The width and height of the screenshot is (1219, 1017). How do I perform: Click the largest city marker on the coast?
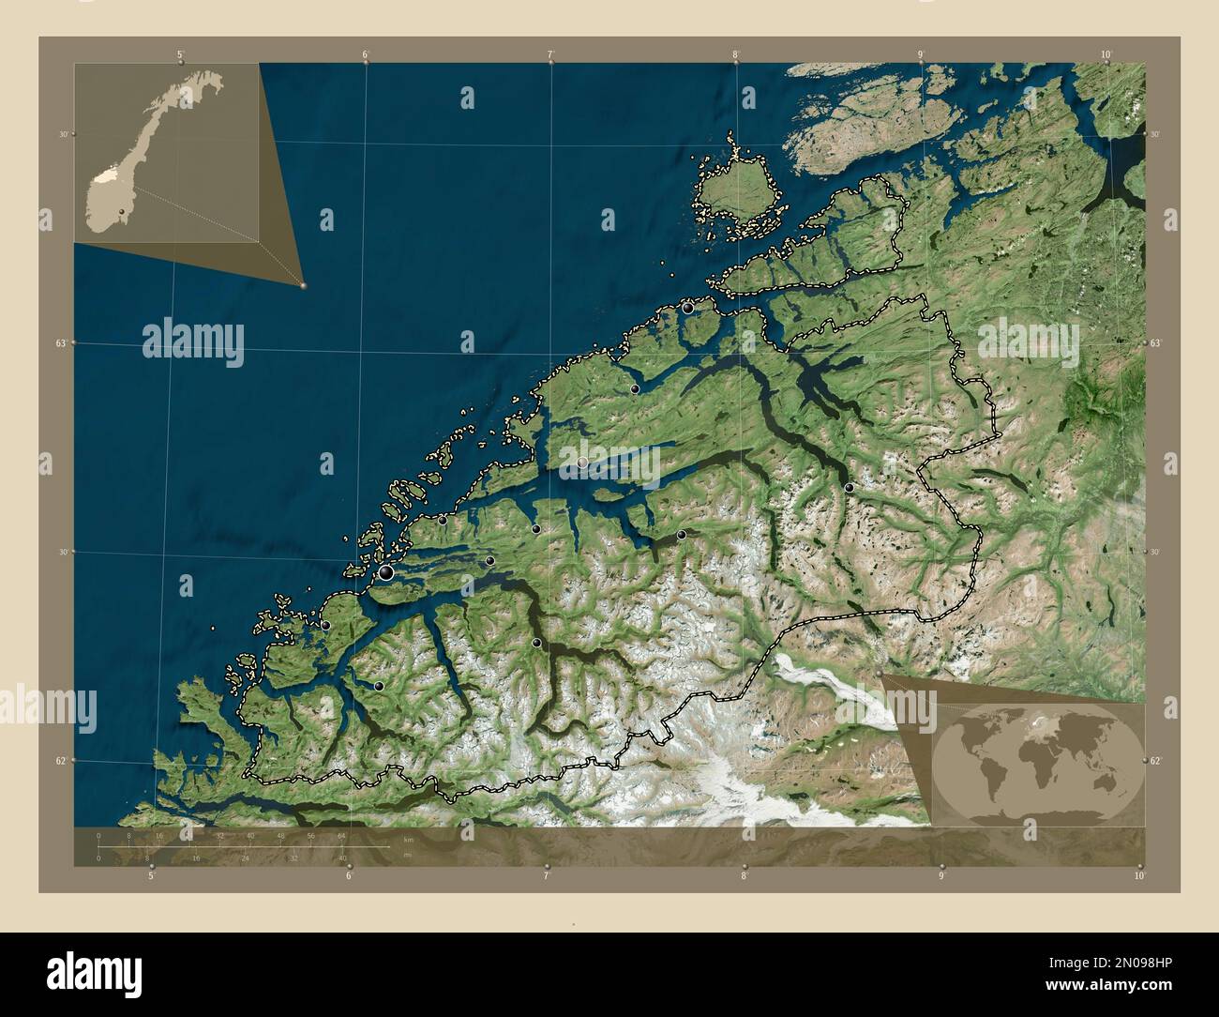point(385,571)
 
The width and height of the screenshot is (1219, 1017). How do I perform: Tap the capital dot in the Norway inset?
point(122,212)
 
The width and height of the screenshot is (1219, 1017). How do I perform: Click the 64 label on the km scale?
point(342,835)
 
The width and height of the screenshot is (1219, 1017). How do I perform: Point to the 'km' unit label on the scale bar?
point(407,838)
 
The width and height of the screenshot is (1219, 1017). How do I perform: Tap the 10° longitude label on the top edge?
point(1106,54)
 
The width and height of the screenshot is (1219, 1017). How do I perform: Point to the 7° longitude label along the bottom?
point(545,876)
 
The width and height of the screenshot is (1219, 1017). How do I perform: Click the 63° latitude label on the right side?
point(1155,344)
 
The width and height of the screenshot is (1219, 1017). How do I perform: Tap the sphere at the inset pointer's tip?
point(303,285)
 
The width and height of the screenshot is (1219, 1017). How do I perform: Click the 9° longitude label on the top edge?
point(921,54)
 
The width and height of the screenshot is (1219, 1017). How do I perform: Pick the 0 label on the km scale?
point(98,835)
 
